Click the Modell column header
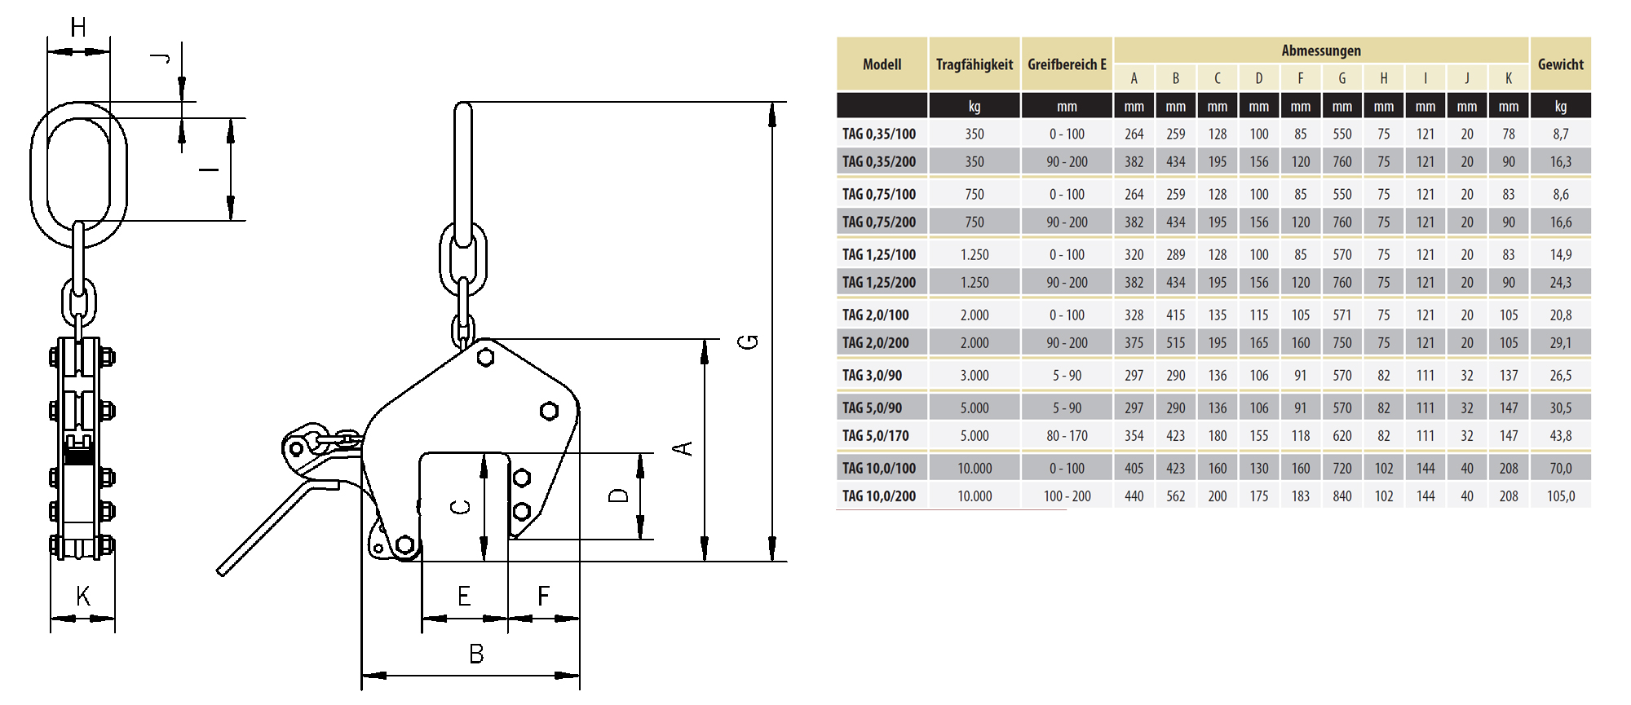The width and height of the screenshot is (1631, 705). pyautogui.click(x=882, y=64)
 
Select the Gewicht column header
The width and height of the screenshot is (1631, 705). pyautogui.click(x=1560, y=64)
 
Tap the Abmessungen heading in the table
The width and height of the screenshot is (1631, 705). pyautogui.click(x=1320, y=51)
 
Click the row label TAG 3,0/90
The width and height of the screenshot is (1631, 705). pyautogui.click(x=872, y=376)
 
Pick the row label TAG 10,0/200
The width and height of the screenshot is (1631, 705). pyautogui.click(x=878, y=496)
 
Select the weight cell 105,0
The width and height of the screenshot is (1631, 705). pyautogui.click(x=1560, y=496)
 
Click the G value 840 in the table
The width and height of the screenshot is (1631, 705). pyautogui.click(x=1341, y=496)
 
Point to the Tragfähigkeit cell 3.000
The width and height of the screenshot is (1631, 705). pyautogui.click(x=974, y=376)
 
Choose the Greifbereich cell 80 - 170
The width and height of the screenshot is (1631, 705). pyautogui.click(x=1066, y=436)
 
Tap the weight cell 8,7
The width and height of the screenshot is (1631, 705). pyautogui.click(x=1560, y=134)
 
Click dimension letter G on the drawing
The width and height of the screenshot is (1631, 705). pyautogui.click(x=748, y=342)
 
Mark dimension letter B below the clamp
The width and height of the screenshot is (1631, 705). pyautogui.click(x=476, y=654)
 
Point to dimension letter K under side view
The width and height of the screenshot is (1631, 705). pyautogui.click(x=82, y=596)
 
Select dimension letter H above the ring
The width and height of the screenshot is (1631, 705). pyautogui.click(x=78, y=28)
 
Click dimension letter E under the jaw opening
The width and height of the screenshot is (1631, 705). pyautogui.click(x=464, y=597)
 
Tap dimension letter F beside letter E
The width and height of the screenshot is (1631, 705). pyautogui.click(x=544, y=597)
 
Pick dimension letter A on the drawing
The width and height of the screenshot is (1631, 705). pyautogui.click(x=683, y=448)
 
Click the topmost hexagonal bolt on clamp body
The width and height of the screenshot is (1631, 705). pyautogui.click(x=486, y=357)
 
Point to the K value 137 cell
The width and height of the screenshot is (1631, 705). pyautogui.click(x=1508, y=376)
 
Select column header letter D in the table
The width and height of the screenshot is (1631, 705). pyautogui.click(x=1258, y=78)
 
